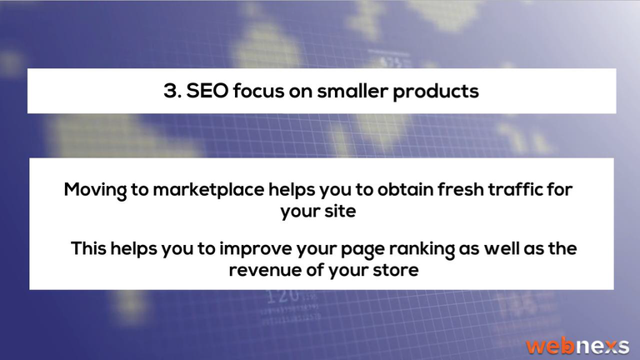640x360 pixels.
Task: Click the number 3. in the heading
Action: pos(172,91)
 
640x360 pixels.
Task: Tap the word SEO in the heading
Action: pos(207,91)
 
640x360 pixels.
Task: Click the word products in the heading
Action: pos(436,92)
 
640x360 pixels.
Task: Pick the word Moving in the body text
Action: pos(95,191)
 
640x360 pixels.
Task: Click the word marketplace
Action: pos(208,191)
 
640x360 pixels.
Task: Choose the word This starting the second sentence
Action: pos(88,248)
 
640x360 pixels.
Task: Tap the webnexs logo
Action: pos(577,346)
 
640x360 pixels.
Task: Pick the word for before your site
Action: pos(560,189)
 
